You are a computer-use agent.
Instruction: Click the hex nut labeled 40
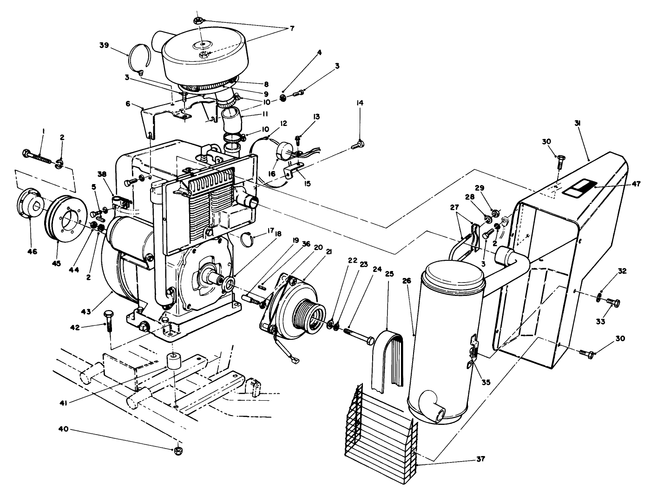(178, 450)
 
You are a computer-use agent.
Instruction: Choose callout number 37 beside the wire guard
(480, 459)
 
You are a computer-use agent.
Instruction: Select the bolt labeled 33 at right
(613, 304)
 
